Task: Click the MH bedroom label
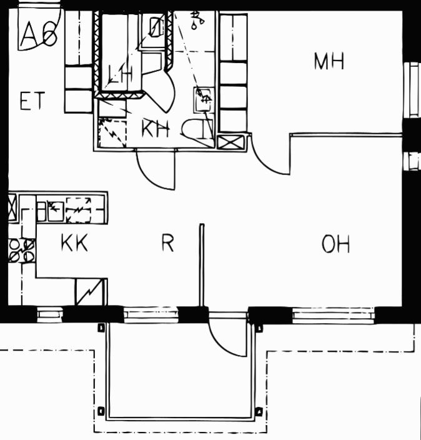coord(329,61)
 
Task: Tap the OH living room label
coord(335,244)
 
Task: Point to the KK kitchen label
coord(74,242)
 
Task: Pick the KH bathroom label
coord(156,129)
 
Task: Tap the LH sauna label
coord(121,74)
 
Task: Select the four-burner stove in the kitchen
coord(22,251)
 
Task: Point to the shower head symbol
coord(198,19)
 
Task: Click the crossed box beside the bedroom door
coord(231,142)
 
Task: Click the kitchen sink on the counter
coord(50,211)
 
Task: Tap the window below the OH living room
coord(333,315)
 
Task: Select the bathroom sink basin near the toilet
coord(203,99)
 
